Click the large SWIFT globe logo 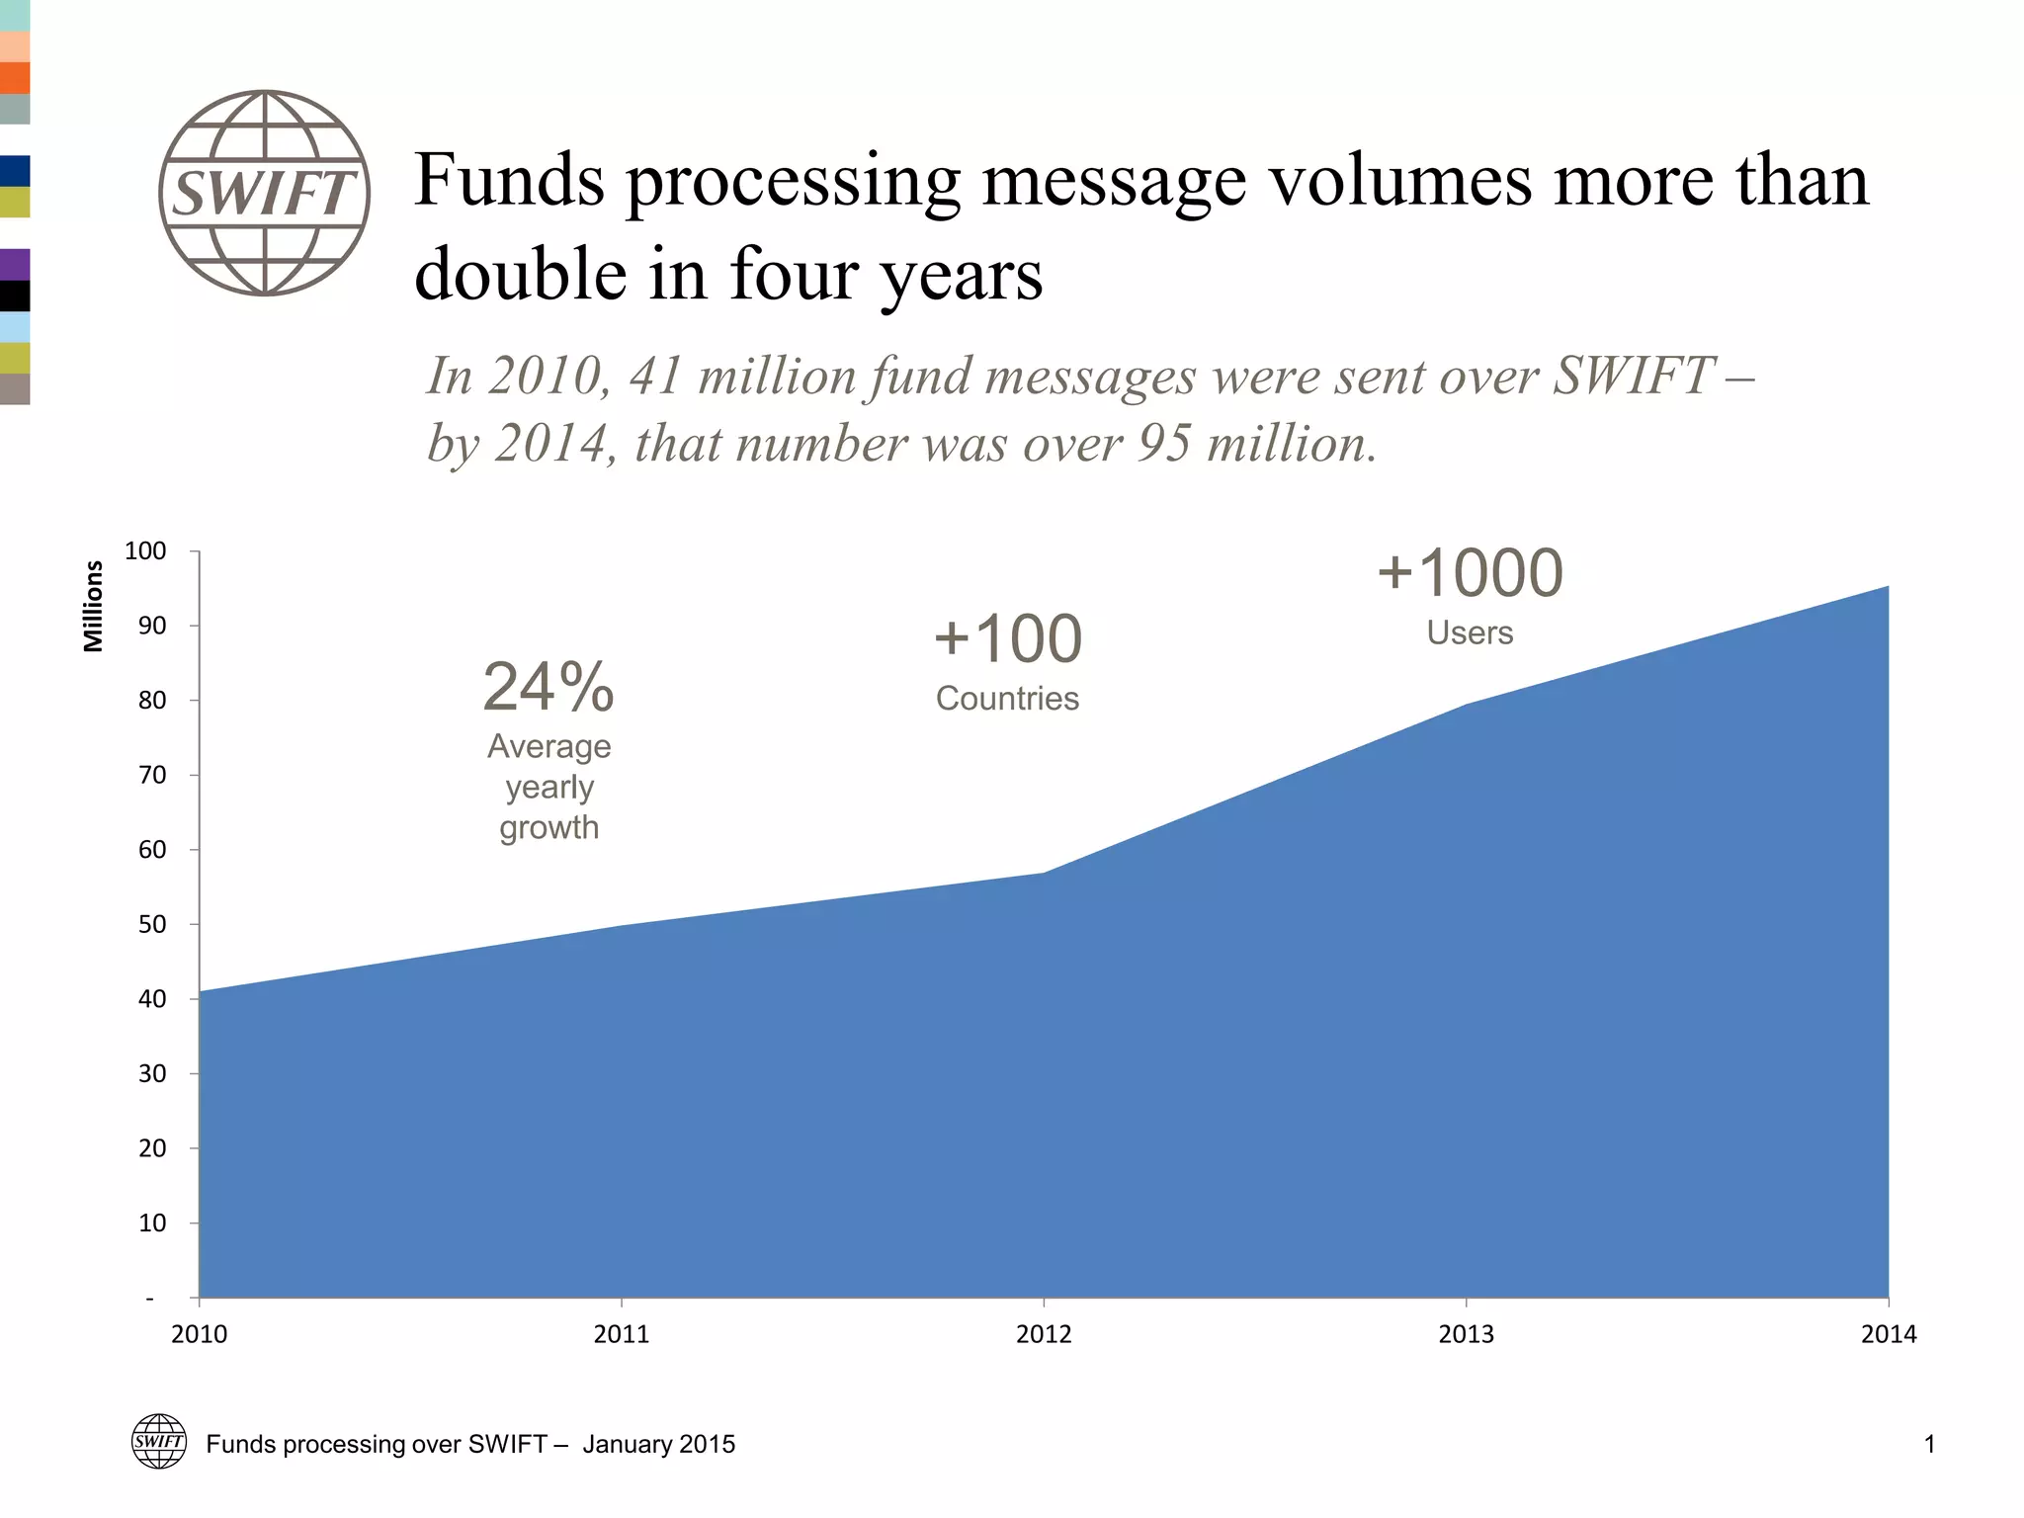265,193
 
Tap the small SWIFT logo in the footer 159,1441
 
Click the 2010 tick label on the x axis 199,1334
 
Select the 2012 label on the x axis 1044,1334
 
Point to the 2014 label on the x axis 1888,1334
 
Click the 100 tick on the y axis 145,551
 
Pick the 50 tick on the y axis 152,925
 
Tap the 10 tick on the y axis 152,1223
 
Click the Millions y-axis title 93,606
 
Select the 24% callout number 548,687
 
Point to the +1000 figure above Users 1470,573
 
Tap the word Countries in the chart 1007,699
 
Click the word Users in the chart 1470,632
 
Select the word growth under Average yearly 548,828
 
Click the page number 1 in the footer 1929,1444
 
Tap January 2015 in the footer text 659,1444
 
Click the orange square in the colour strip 15,78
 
